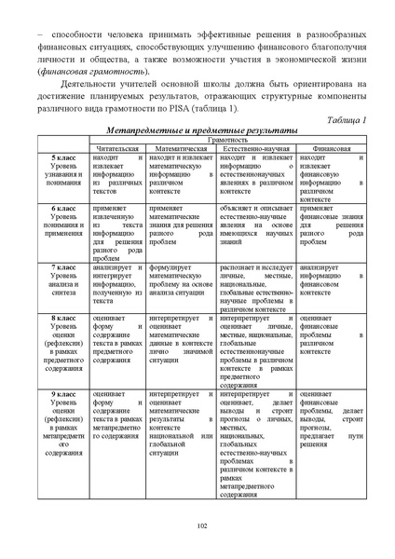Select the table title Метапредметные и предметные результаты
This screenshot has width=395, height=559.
tap(202, 131)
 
